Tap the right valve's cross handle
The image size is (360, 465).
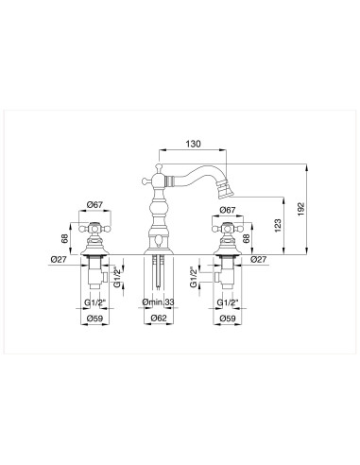pos(227,230)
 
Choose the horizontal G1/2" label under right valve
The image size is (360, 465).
pos(227,301)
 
